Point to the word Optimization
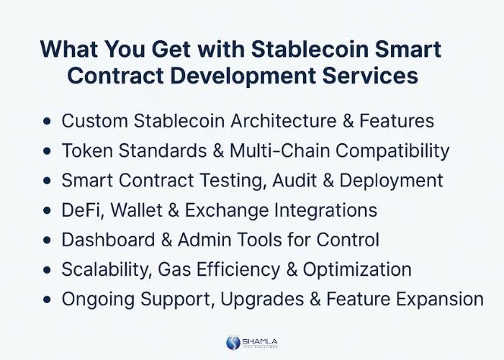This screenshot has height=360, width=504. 357,270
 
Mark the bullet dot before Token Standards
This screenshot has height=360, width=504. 48,151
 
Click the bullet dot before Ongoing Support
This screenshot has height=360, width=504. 48,300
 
